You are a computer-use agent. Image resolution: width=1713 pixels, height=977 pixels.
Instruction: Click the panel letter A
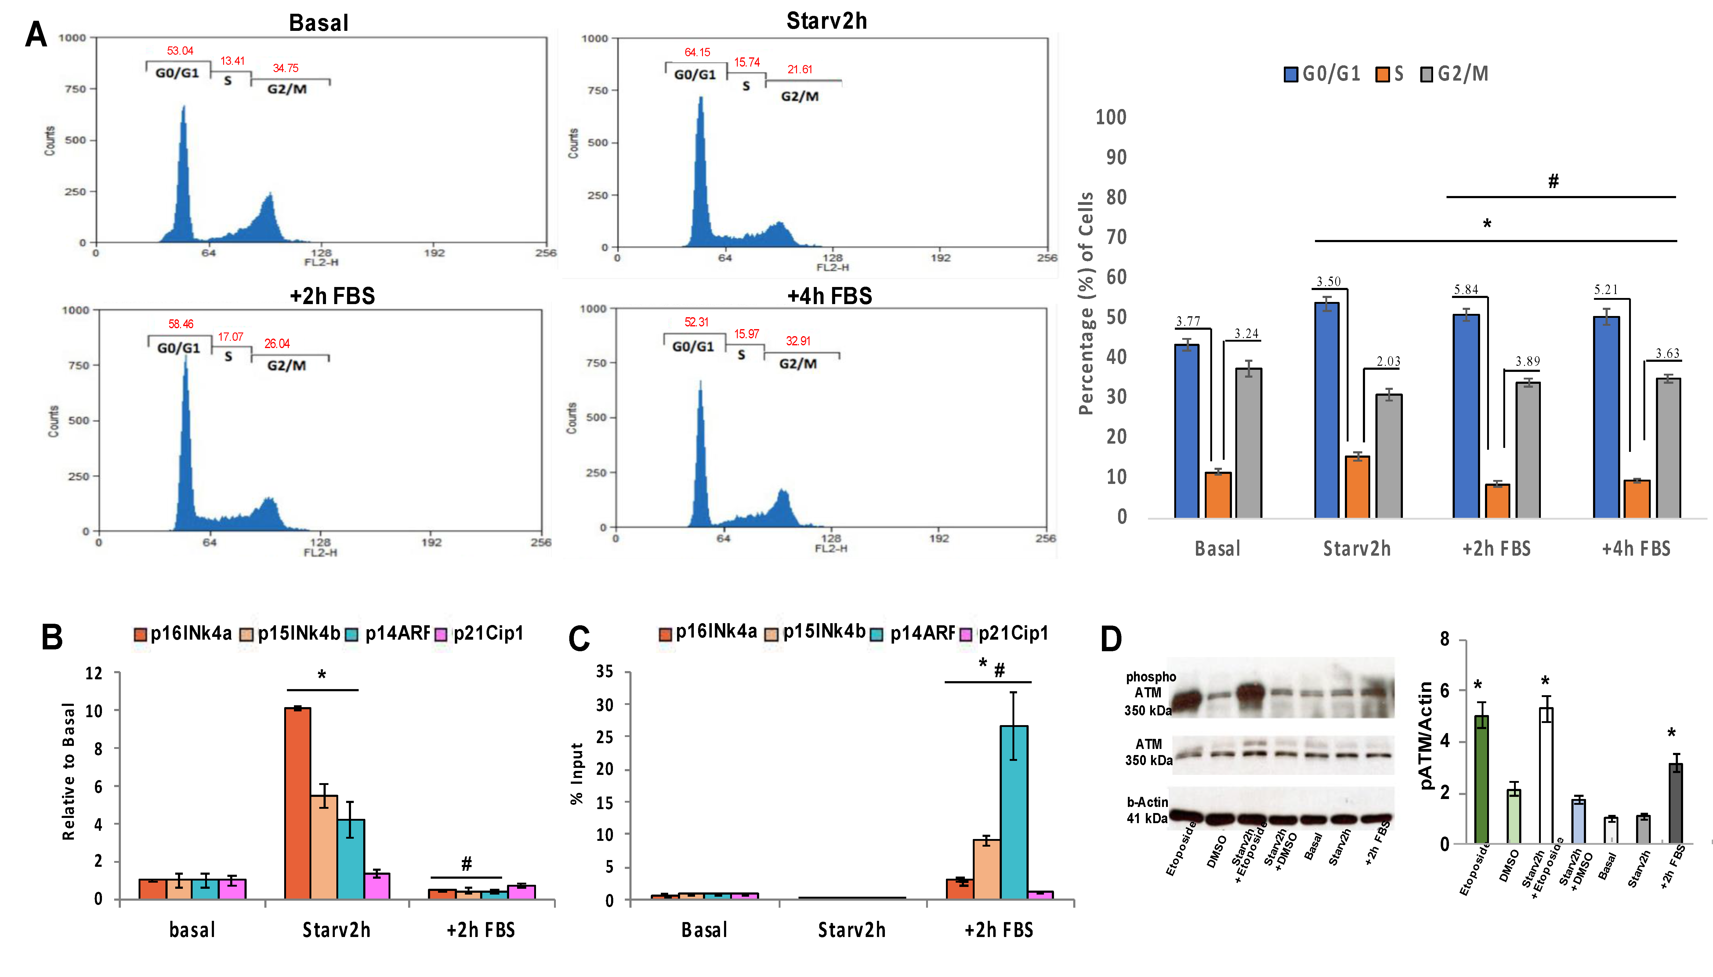click(x=36, y=34)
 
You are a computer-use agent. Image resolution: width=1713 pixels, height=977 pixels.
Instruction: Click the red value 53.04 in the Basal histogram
click(x=180, y=51)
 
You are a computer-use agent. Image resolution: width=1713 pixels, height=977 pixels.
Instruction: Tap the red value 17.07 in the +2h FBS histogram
click(x=230, y=337)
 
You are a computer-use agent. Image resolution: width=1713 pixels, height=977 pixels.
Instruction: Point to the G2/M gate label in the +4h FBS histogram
click(x=798, y=364)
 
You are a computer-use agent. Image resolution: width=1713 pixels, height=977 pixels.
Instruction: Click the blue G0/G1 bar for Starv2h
click(x=1326, y=409)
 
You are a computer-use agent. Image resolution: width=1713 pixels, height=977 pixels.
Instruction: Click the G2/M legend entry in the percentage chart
click(x=1454, y=74)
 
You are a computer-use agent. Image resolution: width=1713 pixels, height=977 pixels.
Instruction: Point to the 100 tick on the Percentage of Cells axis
click(x=1111, y=118)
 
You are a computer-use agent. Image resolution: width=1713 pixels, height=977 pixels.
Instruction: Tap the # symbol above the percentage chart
click(x=1553, y=180)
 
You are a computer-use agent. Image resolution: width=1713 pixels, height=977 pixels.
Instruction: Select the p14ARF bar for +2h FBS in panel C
click(x=1013, y=812)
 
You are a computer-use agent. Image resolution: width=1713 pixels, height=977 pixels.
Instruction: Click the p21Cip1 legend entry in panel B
click(x=480, y=634)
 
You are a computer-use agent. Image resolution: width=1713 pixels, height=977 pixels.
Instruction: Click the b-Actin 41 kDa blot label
click(x=1147, y=810)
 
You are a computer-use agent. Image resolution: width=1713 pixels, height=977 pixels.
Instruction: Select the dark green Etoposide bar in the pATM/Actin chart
click(x=1481, y=778)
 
